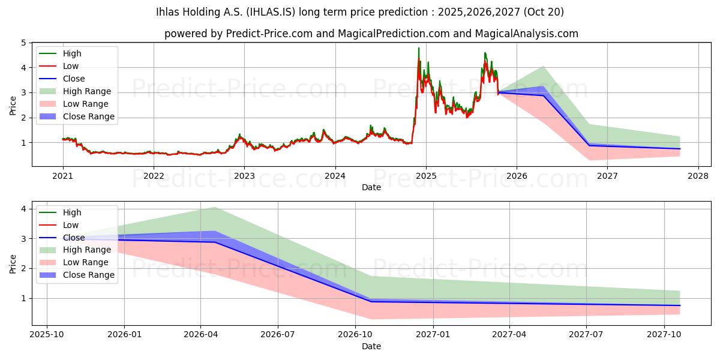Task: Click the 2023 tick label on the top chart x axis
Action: click(x=244, y=176)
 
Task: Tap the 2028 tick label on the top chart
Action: click(x=698, y=176)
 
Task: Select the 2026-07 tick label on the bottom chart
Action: click(x=278, y=335)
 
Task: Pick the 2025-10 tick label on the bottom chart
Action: click(x=47, y=335)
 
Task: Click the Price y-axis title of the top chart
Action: click(x=13, y=105)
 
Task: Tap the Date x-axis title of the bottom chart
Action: click(x=371, y=346)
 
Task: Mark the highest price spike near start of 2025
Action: click(x=419, y=48)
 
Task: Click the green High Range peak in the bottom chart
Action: click(x=214, y=207)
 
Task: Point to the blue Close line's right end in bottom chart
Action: click(x=680, y=305)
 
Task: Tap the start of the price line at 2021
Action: click(x=63, y=139)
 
